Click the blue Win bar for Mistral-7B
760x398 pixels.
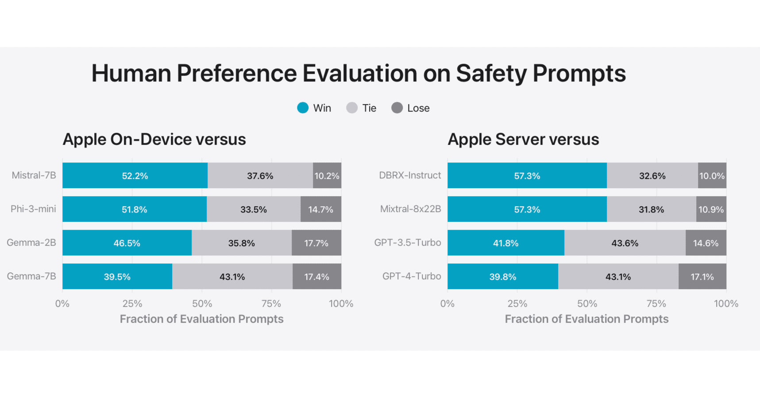point(135,175)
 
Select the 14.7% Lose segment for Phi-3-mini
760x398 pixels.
point(320,209)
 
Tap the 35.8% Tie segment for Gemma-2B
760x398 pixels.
point(241,243)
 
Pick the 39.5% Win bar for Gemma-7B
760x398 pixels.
point(117,276)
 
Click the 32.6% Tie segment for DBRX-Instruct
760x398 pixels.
point(652,175)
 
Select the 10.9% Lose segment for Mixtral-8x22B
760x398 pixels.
point(711,209)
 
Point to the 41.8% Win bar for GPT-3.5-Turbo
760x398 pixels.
point(505,243)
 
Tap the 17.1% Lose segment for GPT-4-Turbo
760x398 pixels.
point(702,276)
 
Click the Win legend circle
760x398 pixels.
point(303,108)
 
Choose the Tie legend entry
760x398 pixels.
point(362,108)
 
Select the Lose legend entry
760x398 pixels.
point(411,108)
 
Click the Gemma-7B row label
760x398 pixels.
point(31,276)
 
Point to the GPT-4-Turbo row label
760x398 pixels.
point(412,276)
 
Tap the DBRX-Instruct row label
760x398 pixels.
point(410,175)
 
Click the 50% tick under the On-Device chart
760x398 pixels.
point(202,304)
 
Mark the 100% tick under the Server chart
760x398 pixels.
point(726,304)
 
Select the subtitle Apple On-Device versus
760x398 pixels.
point(154,139)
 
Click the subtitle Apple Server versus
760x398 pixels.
point(523,139)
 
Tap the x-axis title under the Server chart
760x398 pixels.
point(586,319)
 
